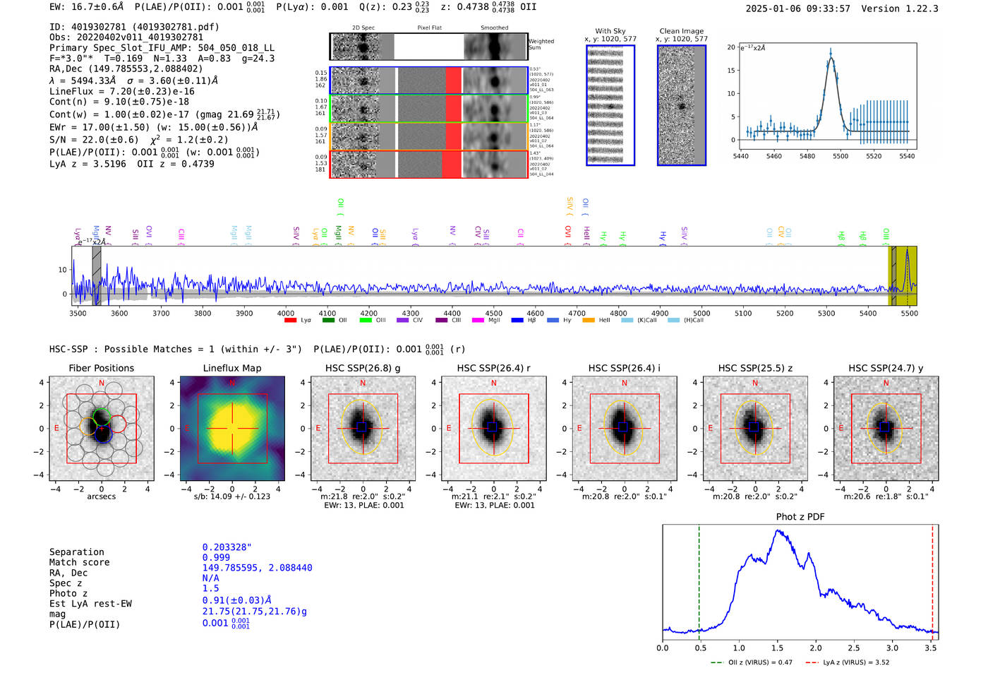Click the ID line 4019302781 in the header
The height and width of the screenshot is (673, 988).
point(134,27)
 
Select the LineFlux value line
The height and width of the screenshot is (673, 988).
point(122,91)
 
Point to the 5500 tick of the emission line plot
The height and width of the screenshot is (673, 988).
point(841,156)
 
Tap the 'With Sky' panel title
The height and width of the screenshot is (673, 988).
point(610,31)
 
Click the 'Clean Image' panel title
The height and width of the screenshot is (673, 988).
point(681,31)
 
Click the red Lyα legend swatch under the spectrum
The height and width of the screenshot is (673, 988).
point(290,320)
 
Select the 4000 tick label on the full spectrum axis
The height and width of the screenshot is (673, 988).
point(286,313)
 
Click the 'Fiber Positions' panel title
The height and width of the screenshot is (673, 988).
point(101,368)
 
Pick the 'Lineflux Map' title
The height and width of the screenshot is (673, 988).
point(232,368)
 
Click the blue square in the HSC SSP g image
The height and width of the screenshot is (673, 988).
point(362,427)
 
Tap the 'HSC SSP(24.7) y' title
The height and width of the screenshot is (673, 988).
point(886,368)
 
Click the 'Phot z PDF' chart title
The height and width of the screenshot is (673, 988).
point(800,516)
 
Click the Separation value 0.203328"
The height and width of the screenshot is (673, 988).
point(227,547)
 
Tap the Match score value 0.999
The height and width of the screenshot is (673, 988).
point(216,557)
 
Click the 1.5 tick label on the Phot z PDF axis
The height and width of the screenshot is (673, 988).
point(777,648)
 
